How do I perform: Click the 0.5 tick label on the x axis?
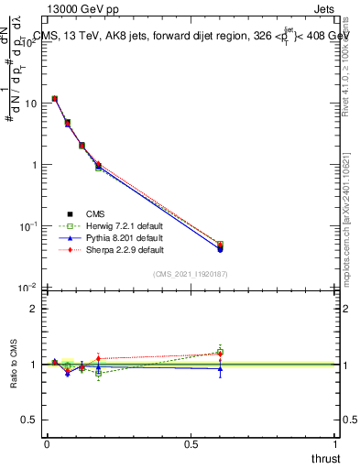191,444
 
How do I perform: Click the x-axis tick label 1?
337,444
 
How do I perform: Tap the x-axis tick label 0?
47,444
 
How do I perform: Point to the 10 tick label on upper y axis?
29,104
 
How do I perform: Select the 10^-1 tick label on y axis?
27,225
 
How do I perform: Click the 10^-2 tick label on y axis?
27,287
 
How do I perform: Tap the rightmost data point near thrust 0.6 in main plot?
220,246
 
